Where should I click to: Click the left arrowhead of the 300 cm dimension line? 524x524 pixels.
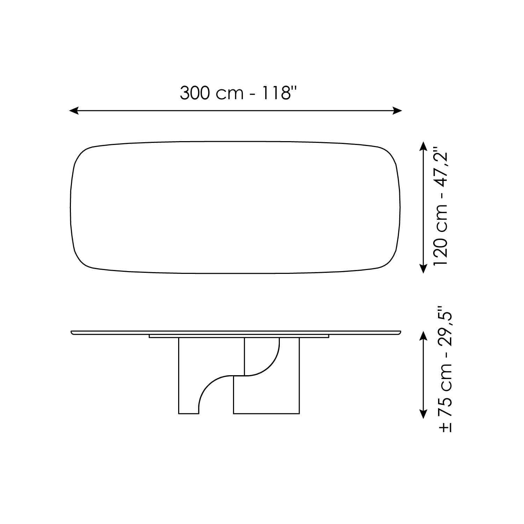73,111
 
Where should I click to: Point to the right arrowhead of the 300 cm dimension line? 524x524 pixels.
398,111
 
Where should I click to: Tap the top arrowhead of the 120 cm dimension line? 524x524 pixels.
423,146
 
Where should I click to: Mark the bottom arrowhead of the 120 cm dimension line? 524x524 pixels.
423,268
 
